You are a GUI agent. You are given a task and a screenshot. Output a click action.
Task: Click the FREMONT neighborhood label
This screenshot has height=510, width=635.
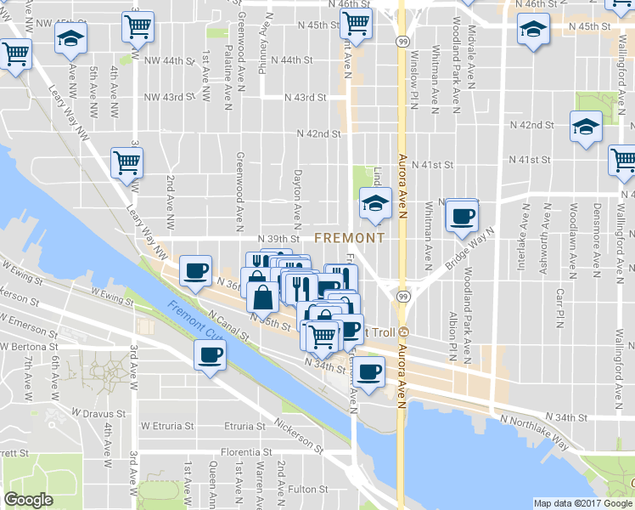click(x=349, y=239)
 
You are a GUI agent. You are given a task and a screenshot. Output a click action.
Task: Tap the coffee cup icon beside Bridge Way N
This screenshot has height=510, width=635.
click(x=461, y=216)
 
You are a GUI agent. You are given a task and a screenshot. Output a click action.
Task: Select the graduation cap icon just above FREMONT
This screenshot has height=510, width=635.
click(x=373, y=203)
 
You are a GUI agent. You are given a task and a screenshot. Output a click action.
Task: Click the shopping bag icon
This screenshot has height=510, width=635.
click(x=263, y=297)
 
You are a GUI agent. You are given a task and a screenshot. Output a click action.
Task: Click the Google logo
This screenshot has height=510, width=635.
click(x=28, y=500)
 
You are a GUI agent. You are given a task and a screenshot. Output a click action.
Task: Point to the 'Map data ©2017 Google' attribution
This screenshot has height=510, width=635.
click(x=582, y=503)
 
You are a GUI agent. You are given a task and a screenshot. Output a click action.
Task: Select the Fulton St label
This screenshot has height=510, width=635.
click(x=308, y=489)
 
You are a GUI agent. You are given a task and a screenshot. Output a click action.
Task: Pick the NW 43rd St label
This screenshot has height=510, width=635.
click(x=170, y=97)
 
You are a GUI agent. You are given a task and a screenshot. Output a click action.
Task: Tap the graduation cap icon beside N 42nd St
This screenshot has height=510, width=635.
click(x=585, y=127)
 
